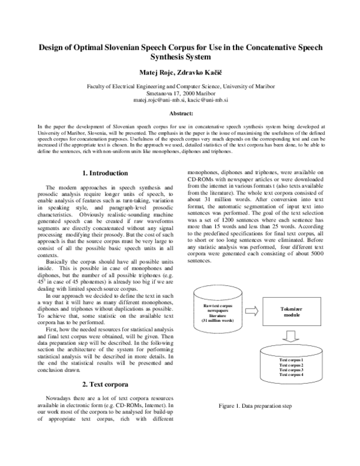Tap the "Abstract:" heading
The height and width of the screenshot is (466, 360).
point(181,113)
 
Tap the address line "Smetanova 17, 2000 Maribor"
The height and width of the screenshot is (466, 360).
point(181,94)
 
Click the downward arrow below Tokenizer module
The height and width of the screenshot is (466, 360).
point(292,338)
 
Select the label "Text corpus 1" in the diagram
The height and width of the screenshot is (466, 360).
point(292,359)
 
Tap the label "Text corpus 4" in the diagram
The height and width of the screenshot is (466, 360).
point(292,375)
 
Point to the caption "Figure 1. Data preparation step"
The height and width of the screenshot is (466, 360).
point(256,407)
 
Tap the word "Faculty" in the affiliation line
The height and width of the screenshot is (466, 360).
point(98,86)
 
